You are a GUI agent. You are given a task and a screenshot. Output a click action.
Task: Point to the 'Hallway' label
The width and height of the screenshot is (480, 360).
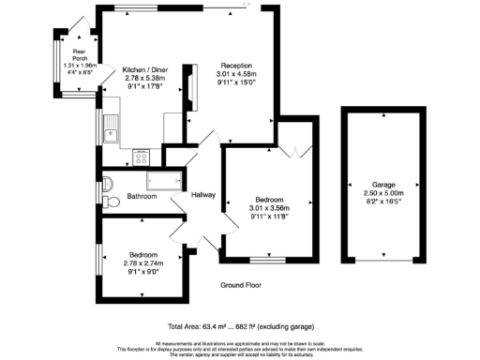tap(204, 196)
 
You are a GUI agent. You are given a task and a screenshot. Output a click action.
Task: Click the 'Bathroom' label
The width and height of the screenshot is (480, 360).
tap(142, 196)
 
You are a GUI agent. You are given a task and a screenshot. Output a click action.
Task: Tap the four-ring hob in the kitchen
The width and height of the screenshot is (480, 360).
tap(143, 157)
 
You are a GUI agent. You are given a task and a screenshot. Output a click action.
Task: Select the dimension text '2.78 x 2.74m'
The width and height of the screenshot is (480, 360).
tap(143, 263)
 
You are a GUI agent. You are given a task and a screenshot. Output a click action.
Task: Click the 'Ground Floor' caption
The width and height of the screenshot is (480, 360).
tap(240, 285)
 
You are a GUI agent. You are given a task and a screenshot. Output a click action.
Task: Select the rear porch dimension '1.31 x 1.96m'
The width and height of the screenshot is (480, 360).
tap(67, 64)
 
